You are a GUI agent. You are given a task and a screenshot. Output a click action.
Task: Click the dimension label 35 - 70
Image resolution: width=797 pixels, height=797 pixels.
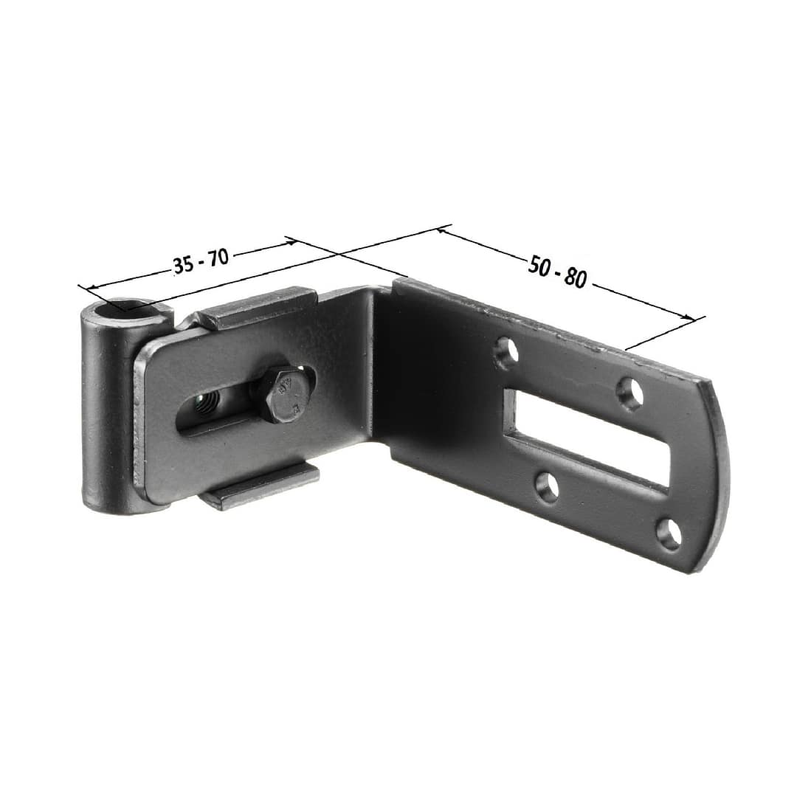200,261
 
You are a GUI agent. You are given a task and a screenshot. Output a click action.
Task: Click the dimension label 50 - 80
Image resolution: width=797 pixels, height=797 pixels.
557,272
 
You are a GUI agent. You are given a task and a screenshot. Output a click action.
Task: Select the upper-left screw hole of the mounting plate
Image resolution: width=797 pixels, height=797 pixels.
506,351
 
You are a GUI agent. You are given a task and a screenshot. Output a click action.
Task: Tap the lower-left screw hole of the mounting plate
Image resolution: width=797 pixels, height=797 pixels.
547,486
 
